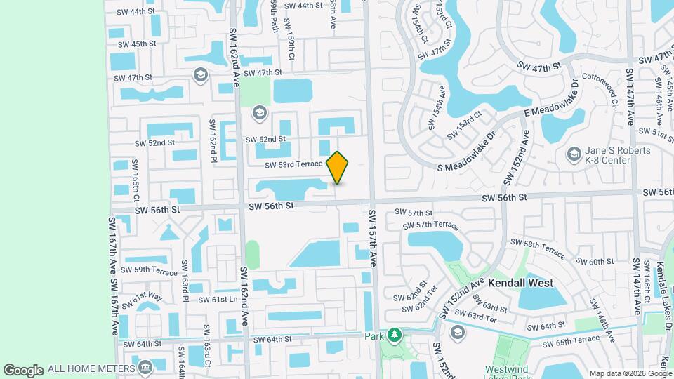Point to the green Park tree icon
395,336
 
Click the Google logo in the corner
22,370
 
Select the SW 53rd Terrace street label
293,164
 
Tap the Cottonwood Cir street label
599,90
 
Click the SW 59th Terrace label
149,270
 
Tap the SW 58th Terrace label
537,247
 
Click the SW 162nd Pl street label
211,139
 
